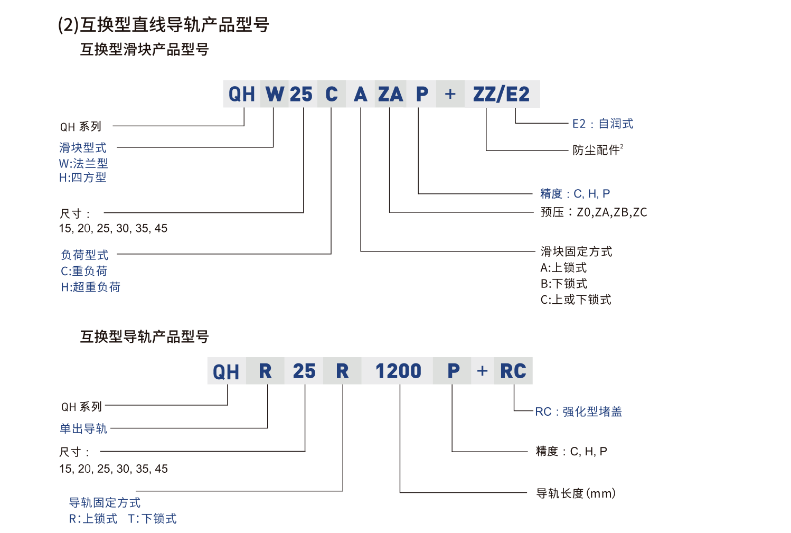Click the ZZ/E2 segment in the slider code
[501, 95]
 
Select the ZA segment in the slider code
[390, 95]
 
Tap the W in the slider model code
[275, 95]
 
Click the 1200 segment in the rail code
[398, 371]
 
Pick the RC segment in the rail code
[513, 371]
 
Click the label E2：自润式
[602, 124]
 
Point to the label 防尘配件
[597, 150]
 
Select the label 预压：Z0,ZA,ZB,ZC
[594, 212]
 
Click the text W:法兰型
[83, 163]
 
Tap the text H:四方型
[83, 178]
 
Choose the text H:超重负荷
[91, 287]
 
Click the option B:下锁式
[563, 284]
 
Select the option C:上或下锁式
[576, 300]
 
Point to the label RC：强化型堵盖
[578, 412]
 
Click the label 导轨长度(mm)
[576, 493]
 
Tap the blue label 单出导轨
[83, 428]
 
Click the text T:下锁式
[152, 519]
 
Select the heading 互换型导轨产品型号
[144, 336]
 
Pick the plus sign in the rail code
[482, 371]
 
